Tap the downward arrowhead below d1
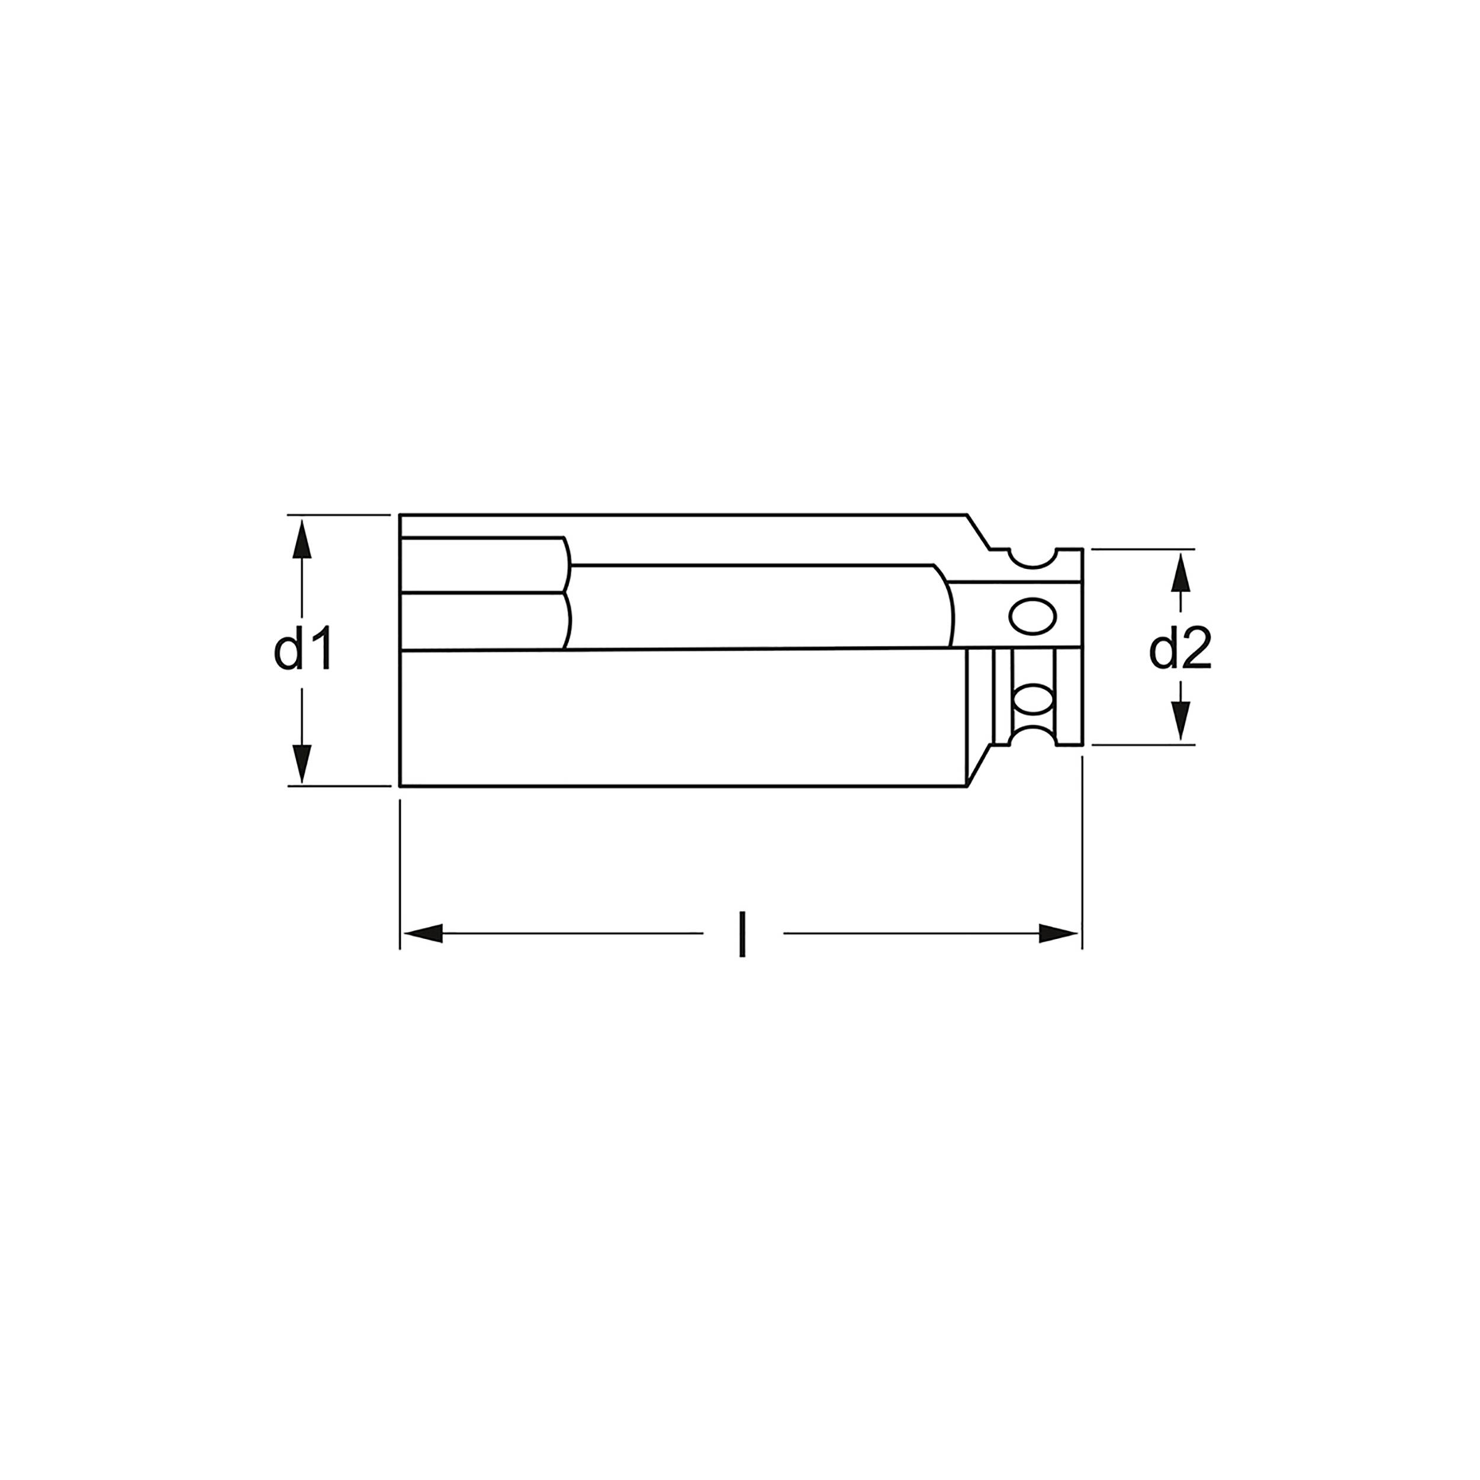tap(303, 762)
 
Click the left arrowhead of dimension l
tap(423, 933)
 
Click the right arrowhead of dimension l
tap(1058, 933)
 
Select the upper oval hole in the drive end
tap(1032, 616)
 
